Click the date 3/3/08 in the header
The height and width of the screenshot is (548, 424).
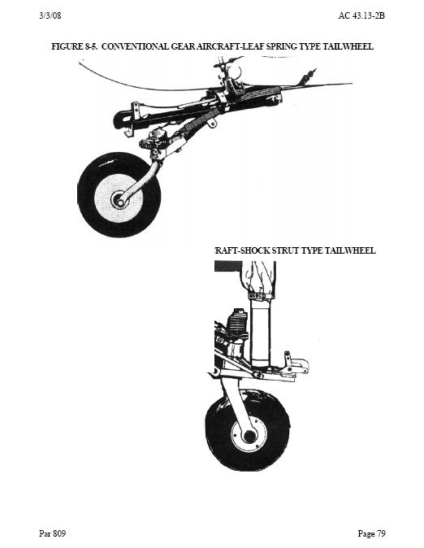point(50,16)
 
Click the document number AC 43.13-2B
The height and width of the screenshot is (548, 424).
point(361,16)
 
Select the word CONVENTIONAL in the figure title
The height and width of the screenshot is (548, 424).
point(135,46)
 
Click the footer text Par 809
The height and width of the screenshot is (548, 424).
point(52,533)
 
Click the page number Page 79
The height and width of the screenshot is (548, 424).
point(372,533)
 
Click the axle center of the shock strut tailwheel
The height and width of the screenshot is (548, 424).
point(249,436)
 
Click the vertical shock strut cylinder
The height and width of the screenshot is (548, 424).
point(261,332)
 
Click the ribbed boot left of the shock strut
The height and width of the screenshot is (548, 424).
point(237,324)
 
